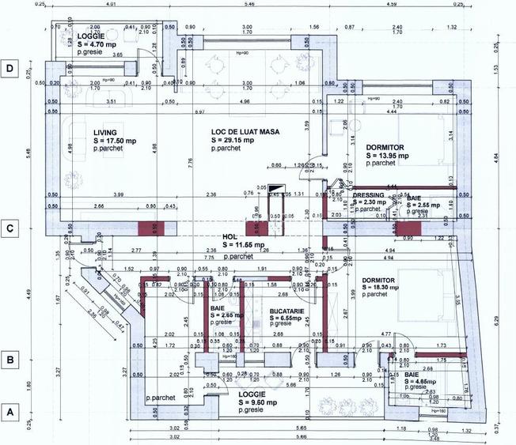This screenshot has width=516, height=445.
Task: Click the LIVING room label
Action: [x=106, y=133]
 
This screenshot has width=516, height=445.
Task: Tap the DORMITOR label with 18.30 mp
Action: [x=383, y=281]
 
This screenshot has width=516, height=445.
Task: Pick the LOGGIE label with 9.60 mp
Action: [x=252, y=394]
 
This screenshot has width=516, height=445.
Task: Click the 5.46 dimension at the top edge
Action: [x=249, y=5]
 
